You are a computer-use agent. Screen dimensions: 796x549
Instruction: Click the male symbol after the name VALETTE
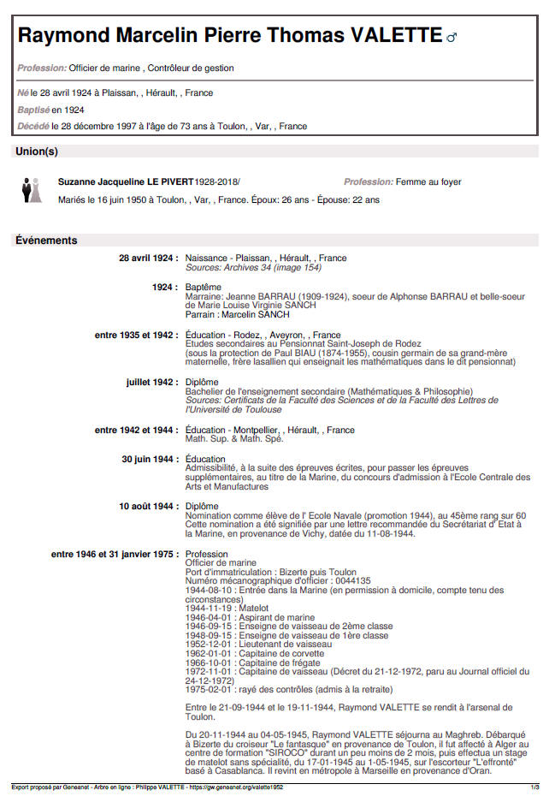click(x=452, y=37)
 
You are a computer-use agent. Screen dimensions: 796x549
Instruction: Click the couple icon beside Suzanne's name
click(x=32, y=189)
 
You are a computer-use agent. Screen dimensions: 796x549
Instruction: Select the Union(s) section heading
click(x=37, y=151)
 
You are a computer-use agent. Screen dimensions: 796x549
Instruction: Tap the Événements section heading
click(x=46, y=241)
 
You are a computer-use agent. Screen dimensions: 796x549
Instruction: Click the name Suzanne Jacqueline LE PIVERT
click(x=126, y=182)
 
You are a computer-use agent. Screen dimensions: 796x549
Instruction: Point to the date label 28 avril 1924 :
click(x=148, y=258)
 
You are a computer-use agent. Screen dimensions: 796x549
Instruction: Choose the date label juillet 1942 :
click(x=151, y=382)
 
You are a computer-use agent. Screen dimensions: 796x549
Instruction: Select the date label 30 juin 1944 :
click(x=150, y=460)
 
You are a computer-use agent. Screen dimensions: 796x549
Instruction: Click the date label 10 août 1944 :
click(x=148, y=507)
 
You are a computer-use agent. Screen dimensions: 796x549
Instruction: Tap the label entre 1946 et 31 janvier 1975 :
click(x=115, y=554)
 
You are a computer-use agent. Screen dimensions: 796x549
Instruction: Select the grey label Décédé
click(x=32, y=126)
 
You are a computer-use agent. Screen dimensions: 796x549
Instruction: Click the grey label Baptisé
click(x=33, y=110)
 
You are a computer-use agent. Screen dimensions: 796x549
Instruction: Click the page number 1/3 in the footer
click(x=534, y=787)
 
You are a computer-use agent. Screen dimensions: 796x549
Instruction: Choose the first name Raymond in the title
click(x=62, y=35)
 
